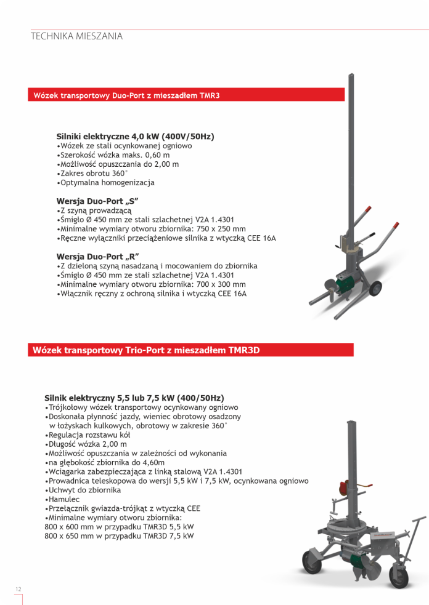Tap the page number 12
click(18, 589)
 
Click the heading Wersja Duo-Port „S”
click(97, 201)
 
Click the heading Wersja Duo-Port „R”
click(97, 256)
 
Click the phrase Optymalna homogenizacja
click(107, 183)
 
